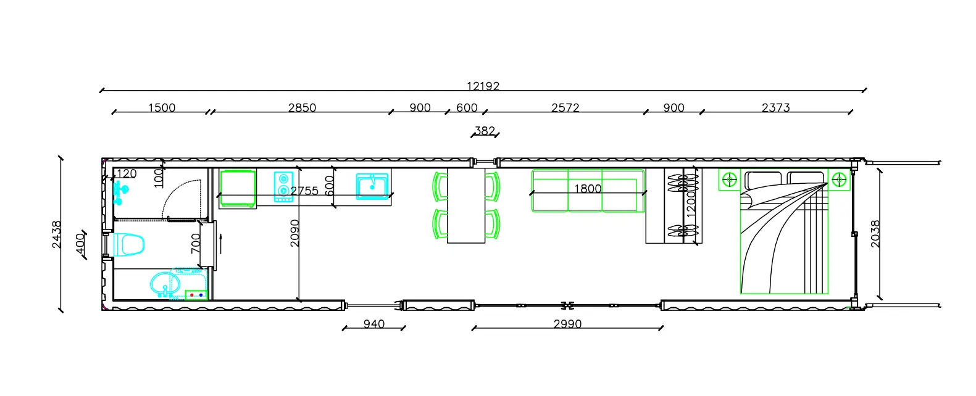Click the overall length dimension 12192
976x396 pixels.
pyautogui.click(x=483, y=86)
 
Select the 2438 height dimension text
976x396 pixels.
pyautogui.click(x=57, y=234)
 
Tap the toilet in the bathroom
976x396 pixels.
pyautogui.click(x=128, y=244)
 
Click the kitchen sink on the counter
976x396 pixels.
pyautogui.click(x=372, y=186)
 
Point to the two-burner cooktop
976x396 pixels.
pyautogui.click(x=283, y=187)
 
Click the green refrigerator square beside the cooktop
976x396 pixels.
pyautogui.click(x=238, y=188)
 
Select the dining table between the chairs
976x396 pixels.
pyautogui.click(x=466, y=205)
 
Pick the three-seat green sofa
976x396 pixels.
pyautogui.click(x=588, y=191)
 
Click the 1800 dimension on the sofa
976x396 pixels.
pyautogui.click(x=588, y=188)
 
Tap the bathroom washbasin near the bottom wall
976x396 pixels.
pyautogui.click(x=165, y=284)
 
